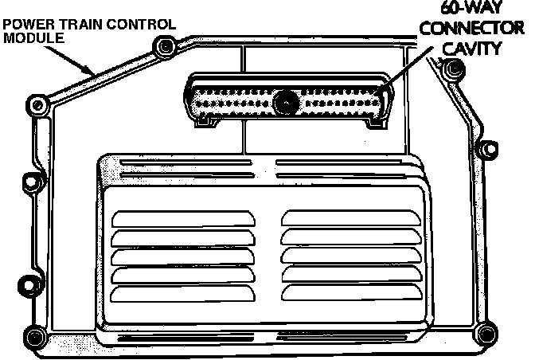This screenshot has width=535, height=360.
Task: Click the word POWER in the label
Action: [x=25, y=25]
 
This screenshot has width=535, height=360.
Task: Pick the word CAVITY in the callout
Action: [x=472, y=49]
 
